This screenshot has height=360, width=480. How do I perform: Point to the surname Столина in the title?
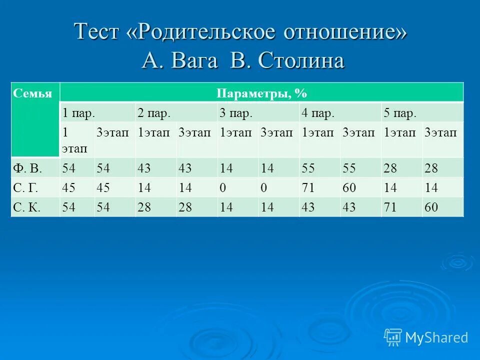[x=301, y=61]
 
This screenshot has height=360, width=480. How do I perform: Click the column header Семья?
[x=32, y=93]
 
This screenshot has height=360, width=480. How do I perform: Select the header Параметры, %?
[x=261, y=93]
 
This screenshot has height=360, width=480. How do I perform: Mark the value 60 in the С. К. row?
[x=430, y=207]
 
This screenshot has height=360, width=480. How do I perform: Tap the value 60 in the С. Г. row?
[x=349, y=188]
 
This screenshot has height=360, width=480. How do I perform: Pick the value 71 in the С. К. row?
[x=390, y=207]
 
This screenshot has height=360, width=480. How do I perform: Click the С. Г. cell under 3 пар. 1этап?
[x=223, y=188]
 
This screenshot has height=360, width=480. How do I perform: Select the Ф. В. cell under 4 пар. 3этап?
[x=349, y=168]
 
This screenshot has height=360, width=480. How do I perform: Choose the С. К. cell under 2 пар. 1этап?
[x=144, y=207]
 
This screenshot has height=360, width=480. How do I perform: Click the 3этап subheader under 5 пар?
[x=440, y=132]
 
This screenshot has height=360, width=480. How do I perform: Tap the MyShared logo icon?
[x=393, y=337]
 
